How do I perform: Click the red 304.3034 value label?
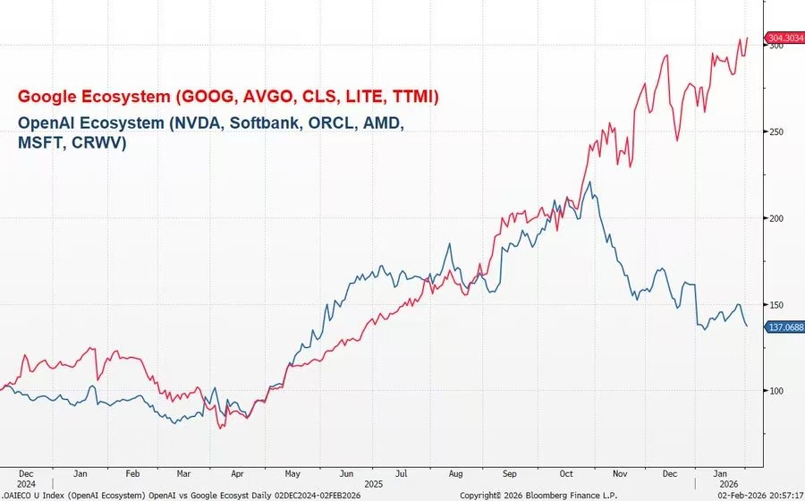pyautogui.click(x=785, y=38)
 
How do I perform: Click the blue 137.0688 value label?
pyautogui.click(x=785, y=327)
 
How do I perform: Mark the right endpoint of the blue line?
pyautogui.click(x=748, y=327)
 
